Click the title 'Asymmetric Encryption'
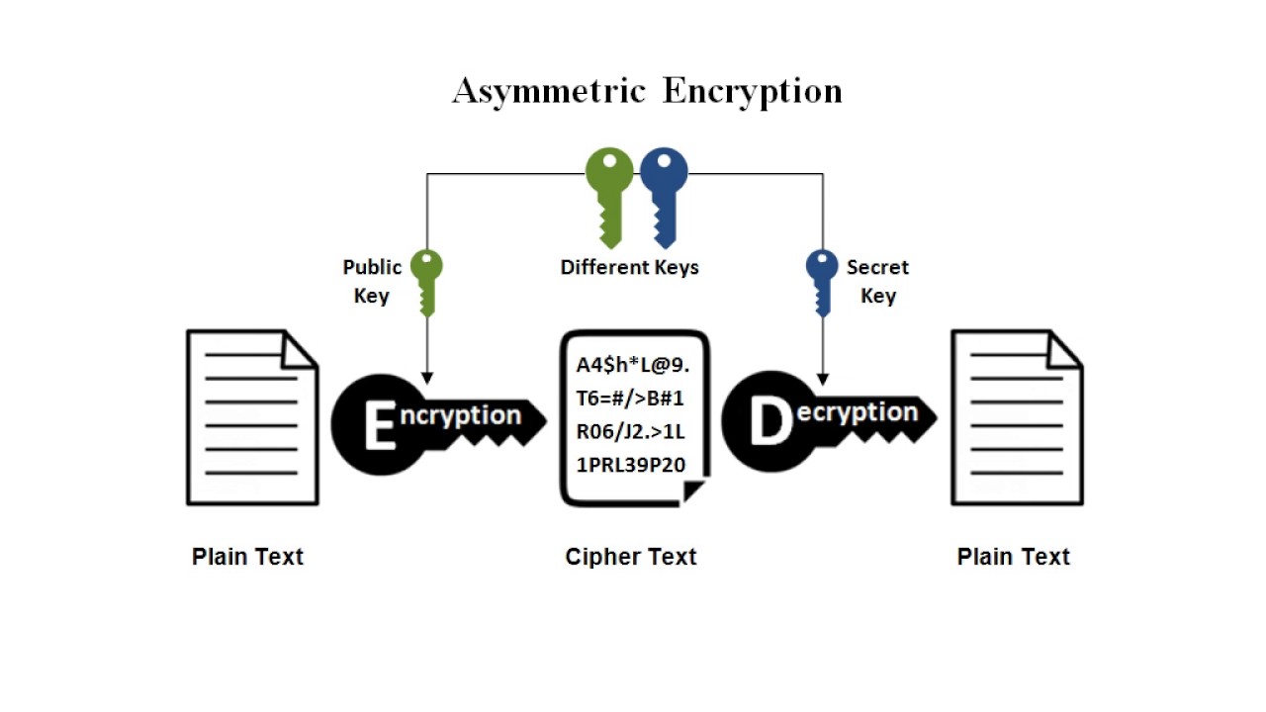click(x=647, y=91)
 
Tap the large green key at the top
click(x=609, y=193)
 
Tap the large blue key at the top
click(x=664, y=193)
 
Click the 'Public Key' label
click(x=372, y=281)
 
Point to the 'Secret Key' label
click(x=877, y=281)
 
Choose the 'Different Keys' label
click(x=629, y=267)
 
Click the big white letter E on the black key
click(x=379, y=426)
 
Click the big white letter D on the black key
click(x=770, y=422)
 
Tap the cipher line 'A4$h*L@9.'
click(x=633, y=365)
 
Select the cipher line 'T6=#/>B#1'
click(x=630, y=399)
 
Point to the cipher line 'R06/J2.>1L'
click(x=630, y=431)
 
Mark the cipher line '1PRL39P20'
click(x=630, y=464)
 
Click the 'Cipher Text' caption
click(x=631, y=557)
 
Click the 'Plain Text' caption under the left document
click(x=247, y=557)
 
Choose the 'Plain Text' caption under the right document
click(x=1013, y=557)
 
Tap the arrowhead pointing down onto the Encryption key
click(x=426, y=378)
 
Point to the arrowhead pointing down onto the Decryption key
click(x=822, y=378)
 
